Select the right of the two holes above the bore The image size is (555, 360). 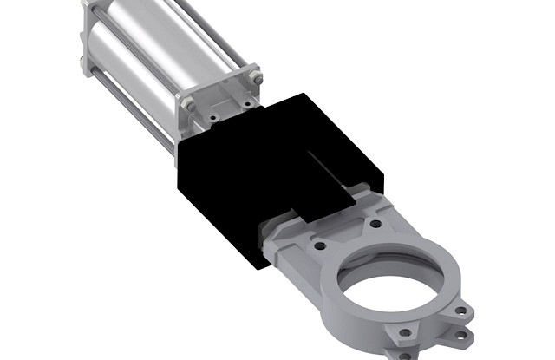(x=375, y=223)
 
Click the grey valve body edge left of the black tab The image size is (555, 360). (x=277, y=234)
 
